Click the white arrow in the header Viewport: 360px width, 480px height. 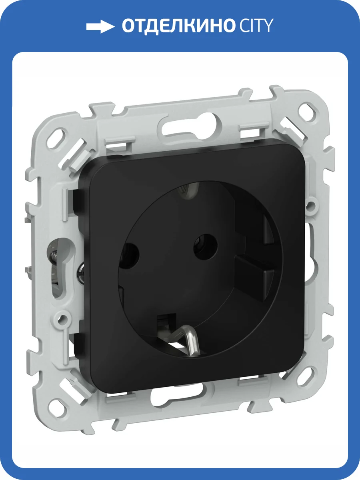tap(100, 26)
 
